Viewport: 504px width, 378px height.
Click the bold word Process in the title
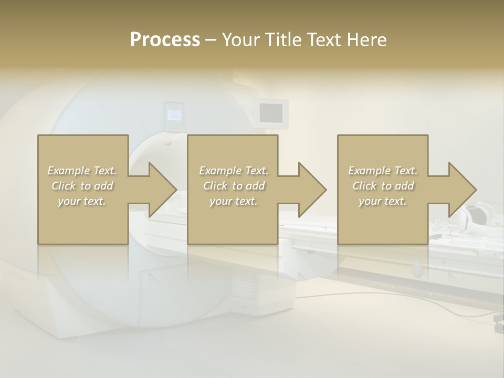click(x=165, y=40)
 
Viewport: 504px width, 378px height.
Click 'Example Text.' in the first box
click(x=82, y=171)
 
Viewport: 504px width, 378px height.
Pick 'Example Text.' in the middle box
click(x=234, y=171)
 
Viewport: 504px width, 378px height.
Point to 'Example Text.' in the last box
click(x=383, y=171)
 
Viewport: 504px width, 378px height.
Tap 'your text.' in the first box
click(x=82, y=201)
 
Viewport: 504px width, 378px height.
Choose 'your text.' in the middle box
click(x=234, y=201)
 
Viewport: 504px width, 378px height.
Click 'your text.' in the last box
click(x=383, y=201)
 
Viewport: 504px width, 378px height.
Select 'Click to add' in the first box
click(x=82, y=186)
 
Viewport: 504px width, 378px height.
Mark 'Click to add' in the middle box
click(x=234, y=186)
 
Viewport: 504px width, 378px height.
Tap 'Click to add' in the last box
click(x=383, y=186)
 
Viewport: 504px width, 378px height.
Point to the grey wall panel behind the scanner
click(x=271, y=111)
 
